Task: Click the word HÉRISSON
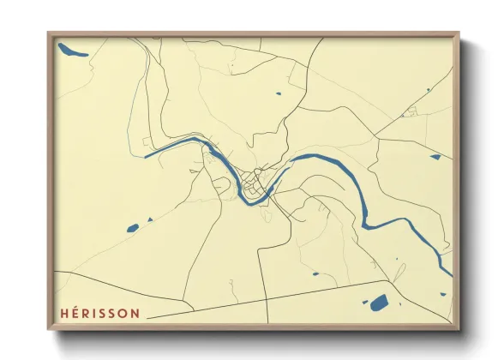99,314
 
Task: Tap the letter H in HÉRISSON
63,314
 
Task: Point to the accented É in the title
75,314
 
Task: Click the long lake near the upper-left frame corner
72,51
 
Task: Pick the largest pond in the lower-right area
378,302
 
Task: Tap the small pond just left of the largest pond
364,303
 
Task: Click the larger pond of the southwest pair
132,228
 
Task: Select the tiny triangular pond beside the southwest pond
149,220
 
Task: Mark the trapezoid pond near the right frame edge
435,157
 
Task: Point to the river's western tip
147,156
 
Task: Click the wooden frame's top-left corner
50,34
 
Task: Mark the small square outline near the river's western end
147,141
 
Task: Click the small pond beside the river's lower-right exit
443,294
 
